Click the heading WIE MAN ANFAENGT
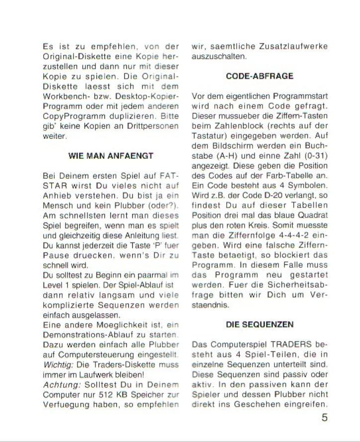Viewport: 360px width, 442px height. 110,156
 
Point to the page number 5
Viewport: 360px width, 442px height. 324,418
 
